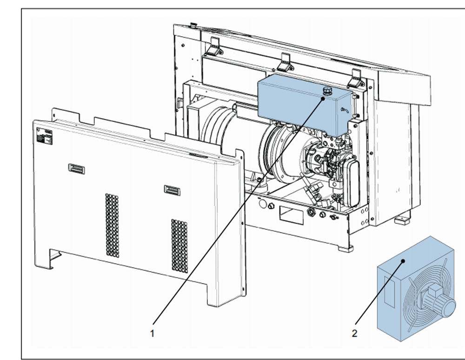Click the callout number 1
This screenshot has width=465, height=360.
[152, 333]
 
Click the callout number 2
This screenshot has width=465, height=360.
[355, 333]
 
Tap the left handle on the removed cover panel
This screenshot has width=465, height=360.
[77, 168]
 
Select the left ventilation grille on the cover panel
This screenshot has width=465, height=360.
[112, 225]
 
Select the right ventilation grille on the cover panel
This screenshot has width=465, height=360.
[179, 246]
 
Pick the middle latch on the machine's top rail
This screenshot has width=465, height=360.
[285, 60]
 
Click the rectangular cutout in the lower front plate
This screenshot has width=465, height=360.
[287, 212]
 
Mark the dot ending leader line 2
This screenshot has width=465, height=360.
[404, 261]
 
